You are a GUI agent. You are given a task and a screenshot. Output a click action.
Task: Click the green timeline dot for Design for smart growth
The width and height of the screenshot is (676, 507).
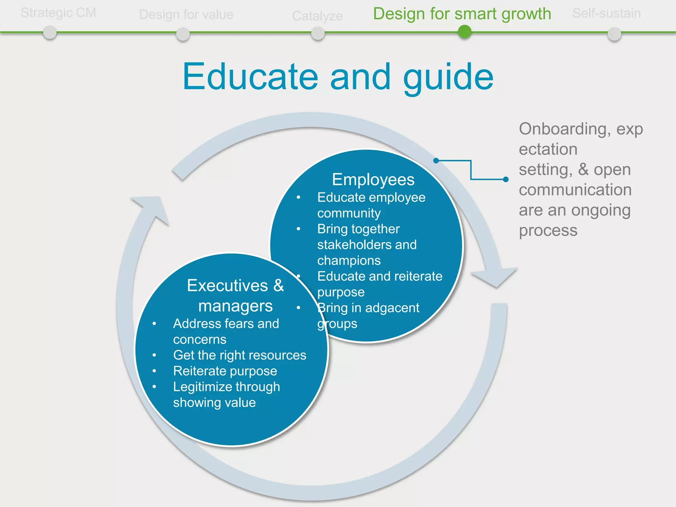pyautogui.click(x=465, y=32)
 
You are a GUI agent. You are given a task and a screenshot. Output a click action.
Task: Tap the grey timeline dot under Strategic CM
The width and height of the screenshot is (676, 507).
pyautogui.click(x=50, y=33)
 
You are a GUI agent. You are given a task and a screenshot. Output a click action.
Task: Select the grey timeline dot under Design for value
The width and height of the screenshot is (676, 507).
pyautogui.click(x=183, y=34)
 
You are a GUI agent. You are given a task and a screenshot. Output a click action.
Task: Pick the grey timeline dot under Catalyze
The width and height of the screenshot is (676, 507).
pyautogui.click(x=318, y=33)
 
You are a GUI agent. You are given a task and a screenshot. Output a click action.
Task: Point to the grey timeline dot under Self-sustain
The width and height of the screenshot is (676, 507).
pyautogui.click(x=614, y=34)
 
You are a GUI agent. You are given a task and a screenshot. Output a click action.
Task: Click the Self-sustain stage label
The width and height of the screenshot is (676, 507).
pyautogui.click(x=606, y=13)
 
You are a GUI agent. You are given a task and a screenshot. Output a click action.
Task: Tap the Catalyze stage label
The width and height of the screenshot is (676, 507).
pyautogui.click(x=317, y=16)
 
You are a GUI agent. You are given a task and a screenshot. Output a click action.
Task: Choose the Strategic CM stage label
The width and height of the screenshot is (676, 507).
pyautogui.click(x=58, y=13)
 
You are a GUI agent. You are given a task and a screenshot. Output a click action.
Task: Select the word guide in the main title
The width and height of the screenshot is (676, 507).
pyautogui.click(x=448, y=77)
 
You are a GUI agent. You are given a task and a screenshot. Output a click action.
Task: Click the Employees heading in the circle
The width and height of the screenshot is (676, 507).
pyautogui.click(x=373, y=180)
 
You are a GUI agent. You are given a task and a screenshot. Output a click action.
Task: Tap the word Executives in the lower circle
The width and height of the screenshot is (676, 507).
pyautogui.click(x=227, y=285)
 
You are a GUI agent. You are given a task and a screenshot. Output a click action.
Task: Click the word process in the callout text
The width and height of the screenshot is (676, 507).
pyautogui.click(x=548, y=230)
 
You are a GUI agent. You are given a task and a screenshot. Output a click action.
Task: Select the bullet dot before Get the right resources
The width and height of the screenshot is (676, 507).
pyautogui.click(x=154, y=355)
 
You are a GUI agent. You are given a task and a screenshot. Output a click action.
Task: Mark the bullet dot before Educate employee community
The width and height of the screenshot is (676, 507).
pyautogui.click(x=298, y=197)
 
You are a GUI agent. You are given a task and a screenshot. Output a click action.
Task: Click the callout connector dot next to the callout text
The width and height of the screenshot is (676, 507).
pyautogui.click(x=506, y=180)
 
